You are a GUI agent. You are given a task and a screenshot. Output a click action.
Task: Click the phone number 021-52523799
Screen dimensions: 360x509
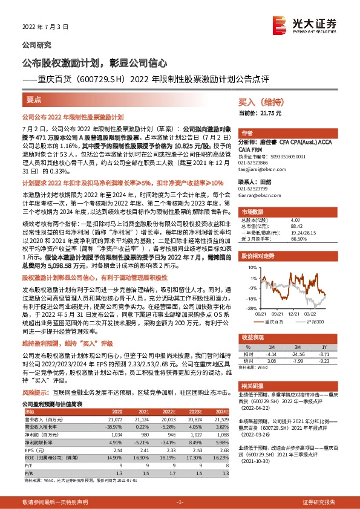(x=254, y=189)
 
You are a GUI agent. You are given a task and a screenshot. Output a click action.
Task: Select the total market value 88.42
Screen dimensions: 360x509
(x=297, y=227)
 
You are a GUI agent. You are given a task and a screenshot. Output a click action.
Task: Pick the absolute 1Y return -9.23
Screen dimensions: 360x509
(x=324, y=360)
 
